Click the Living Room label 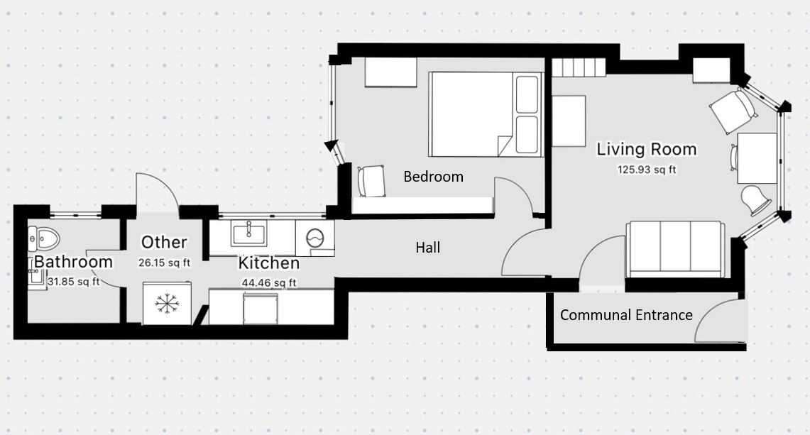(646, 149)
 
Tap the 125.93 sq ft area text (647, 170)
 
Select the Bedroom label (433, 177)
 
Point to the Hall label (428, 248)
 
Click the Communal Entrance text (626, 314)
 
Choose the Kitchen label (268, 263)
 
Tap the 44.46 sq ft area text (268, 282)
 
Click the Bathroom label (73, 261)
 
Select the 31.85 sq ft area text (73, 282)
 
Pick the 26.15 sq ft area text (164, 263)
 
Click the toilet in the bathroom (45, 238)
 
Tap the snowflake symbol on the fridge (166, 303)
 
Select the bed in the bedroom (486, 114)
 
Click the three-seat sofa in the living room (674, 249)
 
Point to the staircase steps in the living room (579, 67)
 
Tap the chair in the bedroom (371, 181)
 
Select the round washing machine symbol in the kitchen (314, 238)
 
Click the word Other (164, 242)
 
